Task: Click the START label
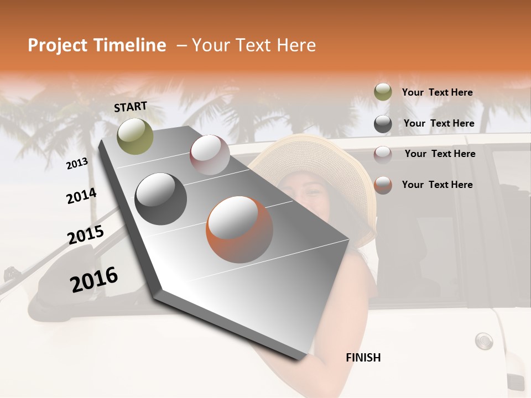pos(131,107)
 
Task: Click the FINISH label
pos(363,358)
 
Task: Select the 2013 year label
pos(77,164)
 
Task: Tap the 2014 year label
pos(81,196)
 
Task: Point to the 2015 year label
pos(86,235)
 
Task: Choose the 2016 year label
pos(94,279)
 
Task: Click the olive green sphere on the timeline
pos(135,136)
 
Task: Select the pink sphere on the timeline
pos(210,155)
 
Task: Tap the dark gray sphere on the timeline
pos(161,199)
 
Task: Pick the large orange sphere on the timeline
pos(240,229)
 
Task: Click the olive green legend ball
pos(383,92)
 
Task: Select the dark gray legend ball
pos(383,124)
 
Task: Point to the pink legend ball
pos(383,154)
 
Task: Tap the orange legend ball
pos(383,185)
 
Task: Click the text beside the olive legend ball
pos(437,92)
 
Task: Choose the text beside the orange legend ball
pos(437,185)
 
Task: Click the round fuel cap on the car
pos(483,340)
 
